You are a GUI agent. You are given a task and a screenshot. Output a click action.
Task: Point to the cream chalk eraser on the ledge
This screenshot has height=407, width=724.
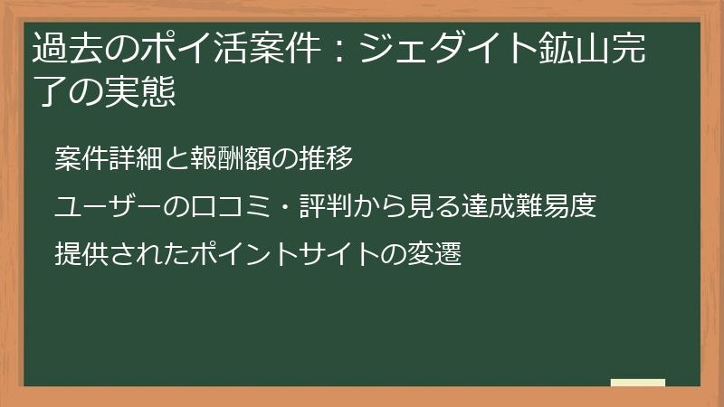click(x=637, y=383)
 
